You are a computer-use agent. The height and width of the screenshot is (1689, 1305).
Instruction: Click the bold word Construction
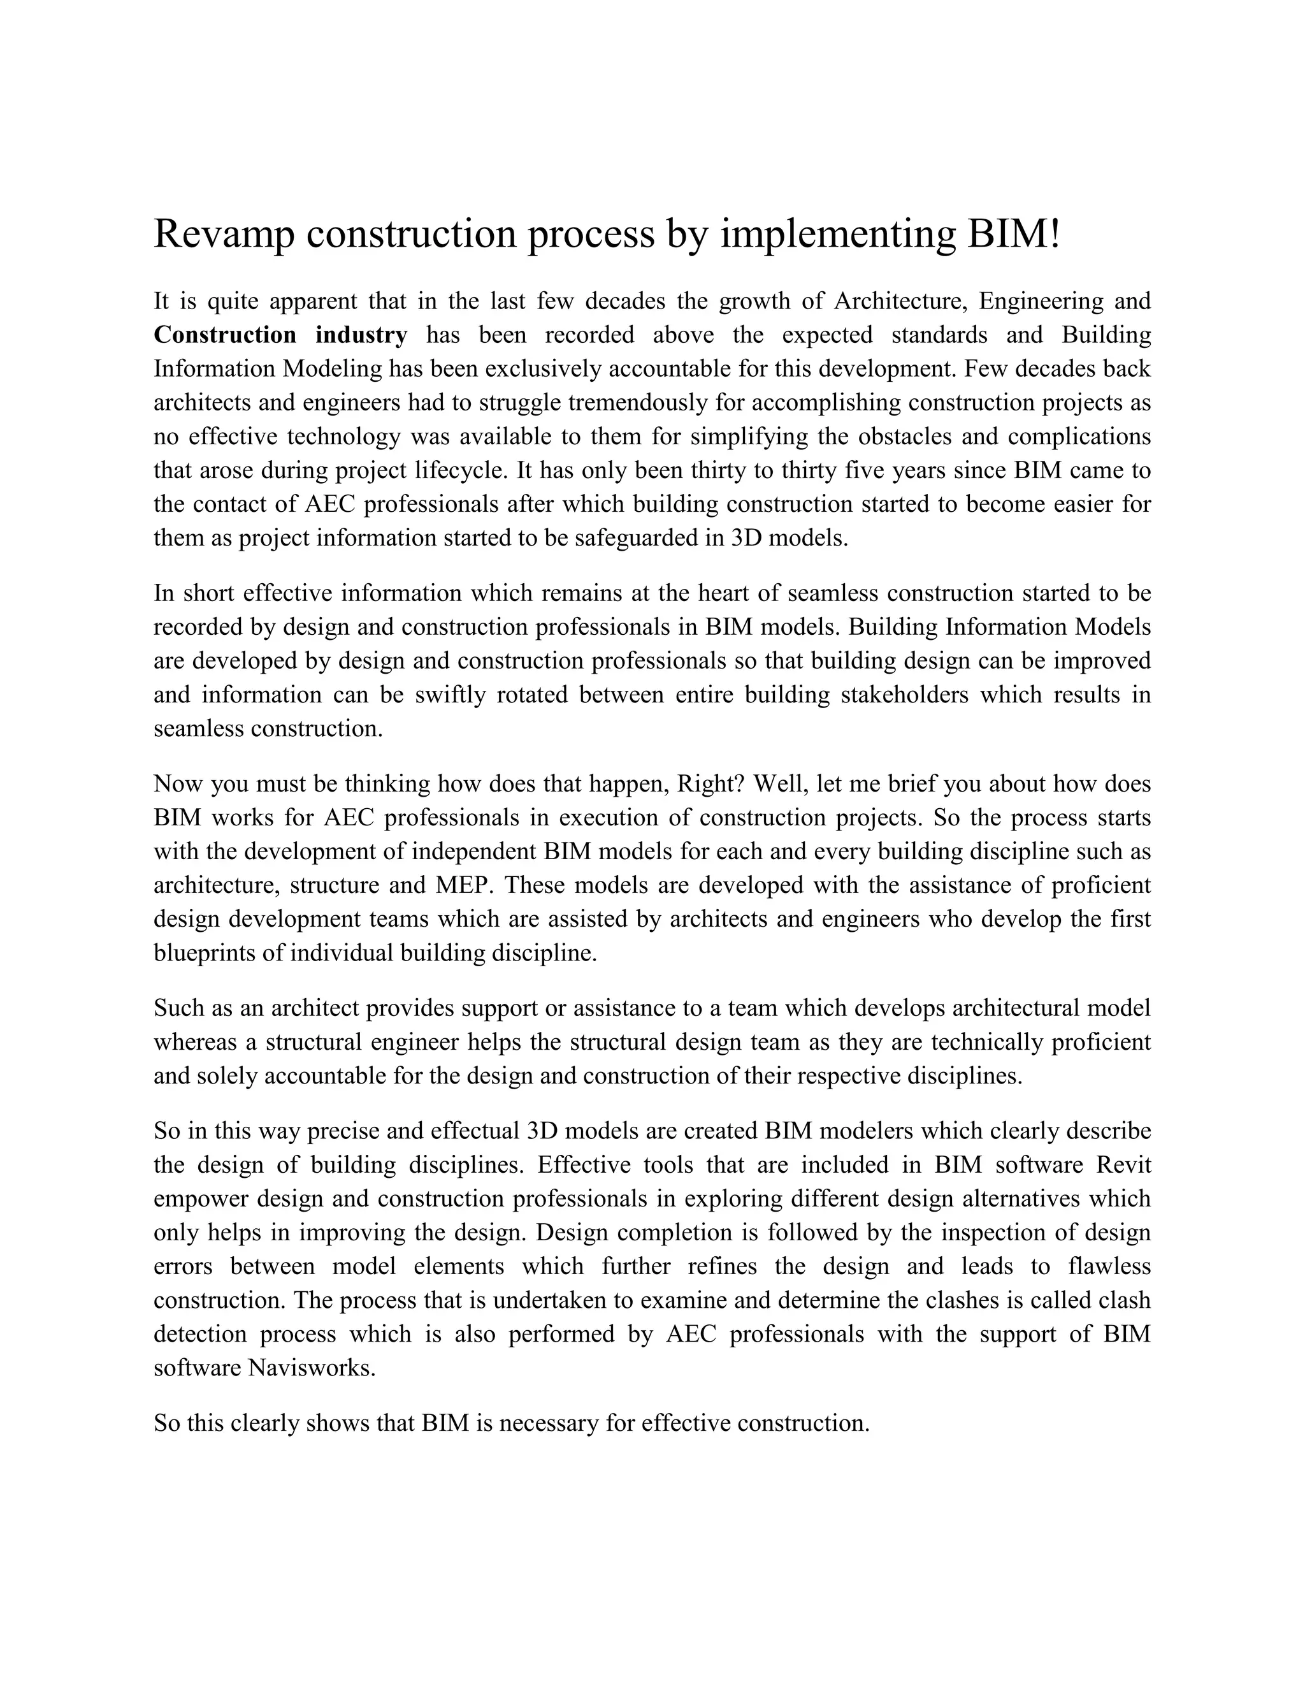click(x=224, y=335)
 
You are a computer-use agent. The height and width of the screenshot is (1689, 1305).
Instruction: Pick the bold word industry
click(x=361, y=335)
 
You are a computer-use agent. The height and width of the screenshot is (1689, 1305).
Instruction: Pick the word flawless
click(x=1109, y=1266)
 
